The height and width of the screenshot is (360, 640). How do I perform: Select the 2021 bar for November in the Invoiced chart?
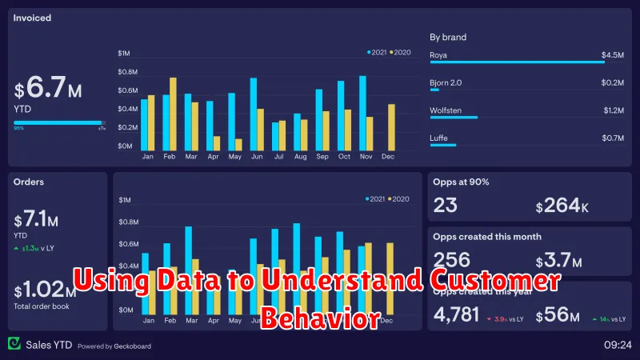362,113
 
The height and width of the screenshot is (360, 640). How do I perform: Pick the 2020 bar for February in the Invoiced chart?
173,114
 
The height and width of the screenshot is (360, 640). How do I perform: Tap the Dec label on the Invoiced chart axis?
388,156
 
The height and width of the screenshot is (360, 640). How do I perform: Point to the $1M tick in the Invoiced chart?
125,54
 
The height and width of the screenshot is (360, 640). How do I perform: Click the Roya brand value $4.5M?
613,55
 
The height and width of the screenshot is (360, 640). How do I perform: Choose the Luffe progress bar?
443,145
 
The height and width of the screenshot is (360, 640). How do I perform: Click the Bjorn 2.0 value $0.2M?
613,82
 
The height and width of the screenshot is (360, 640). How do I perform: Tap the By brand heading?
448,37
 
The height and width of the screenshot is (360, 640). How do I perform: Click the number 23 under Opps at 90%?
445,206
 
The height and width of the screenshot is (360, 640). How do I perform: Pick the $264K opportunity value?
563,206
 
